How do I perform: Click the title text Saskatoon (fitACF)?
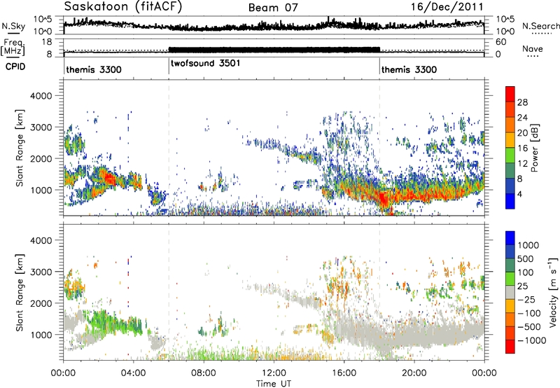pyautogui.click(x=123, y=6)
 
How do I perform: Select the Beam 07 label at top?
pyautogui.click(x=273, y=8)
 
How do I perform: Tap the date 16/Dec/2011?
pyautogui.click(x=447, y=6)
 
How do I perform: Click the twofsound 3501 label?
pyautogui.click(x=205, y=63)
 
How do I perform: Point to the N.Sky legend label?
pyautogui.click(x=13, y=26)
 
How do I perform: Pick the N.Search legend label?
pyautogui.click(x=541, y=26)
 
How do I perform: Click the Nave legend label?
pyautogui.click(x=533, y=48)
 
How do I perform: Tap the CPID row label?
pyautogui.click(x=15, y=67)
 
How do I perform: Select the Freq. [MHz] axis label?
pyautogui.click(x=13, y=47)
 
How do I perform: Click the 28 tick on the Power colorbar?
pyautogui.click(x=522, y=102)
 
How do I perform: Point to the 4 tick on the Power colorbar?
pyautogui.click(x=519, y=195)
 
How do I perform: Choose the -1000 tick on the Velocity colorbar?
pyautogui.click(x=532, y=340)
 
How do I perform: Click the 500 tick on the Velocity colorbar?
pyautogui.click(x=526, y=259)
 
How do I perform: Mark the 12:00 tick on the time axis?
pyautogui.click(x=274, y=373)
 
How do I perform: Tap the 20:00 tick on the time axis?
pyautogui.click(x=414, y=373)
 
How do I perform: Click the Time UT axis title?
pyautogui.click(x=274, y=384)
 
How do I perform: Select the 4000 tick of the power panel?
pyautogui.click(x=41, y=96)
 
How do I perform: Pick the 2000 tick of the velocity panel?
pyautogui.click(x=41, y=303)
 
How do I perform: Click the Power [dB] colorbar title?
pyautogui.click(x=535, y=148)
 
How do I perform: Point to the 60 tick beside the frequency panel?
pyautogui.click(x=500, y=42)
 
